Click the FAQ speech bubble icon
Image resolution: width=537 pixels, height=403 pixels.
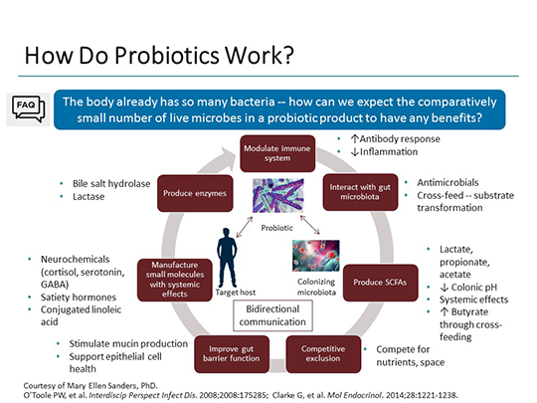27,107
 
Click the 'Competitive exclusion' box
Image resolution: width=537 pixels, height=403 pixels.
323,350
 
